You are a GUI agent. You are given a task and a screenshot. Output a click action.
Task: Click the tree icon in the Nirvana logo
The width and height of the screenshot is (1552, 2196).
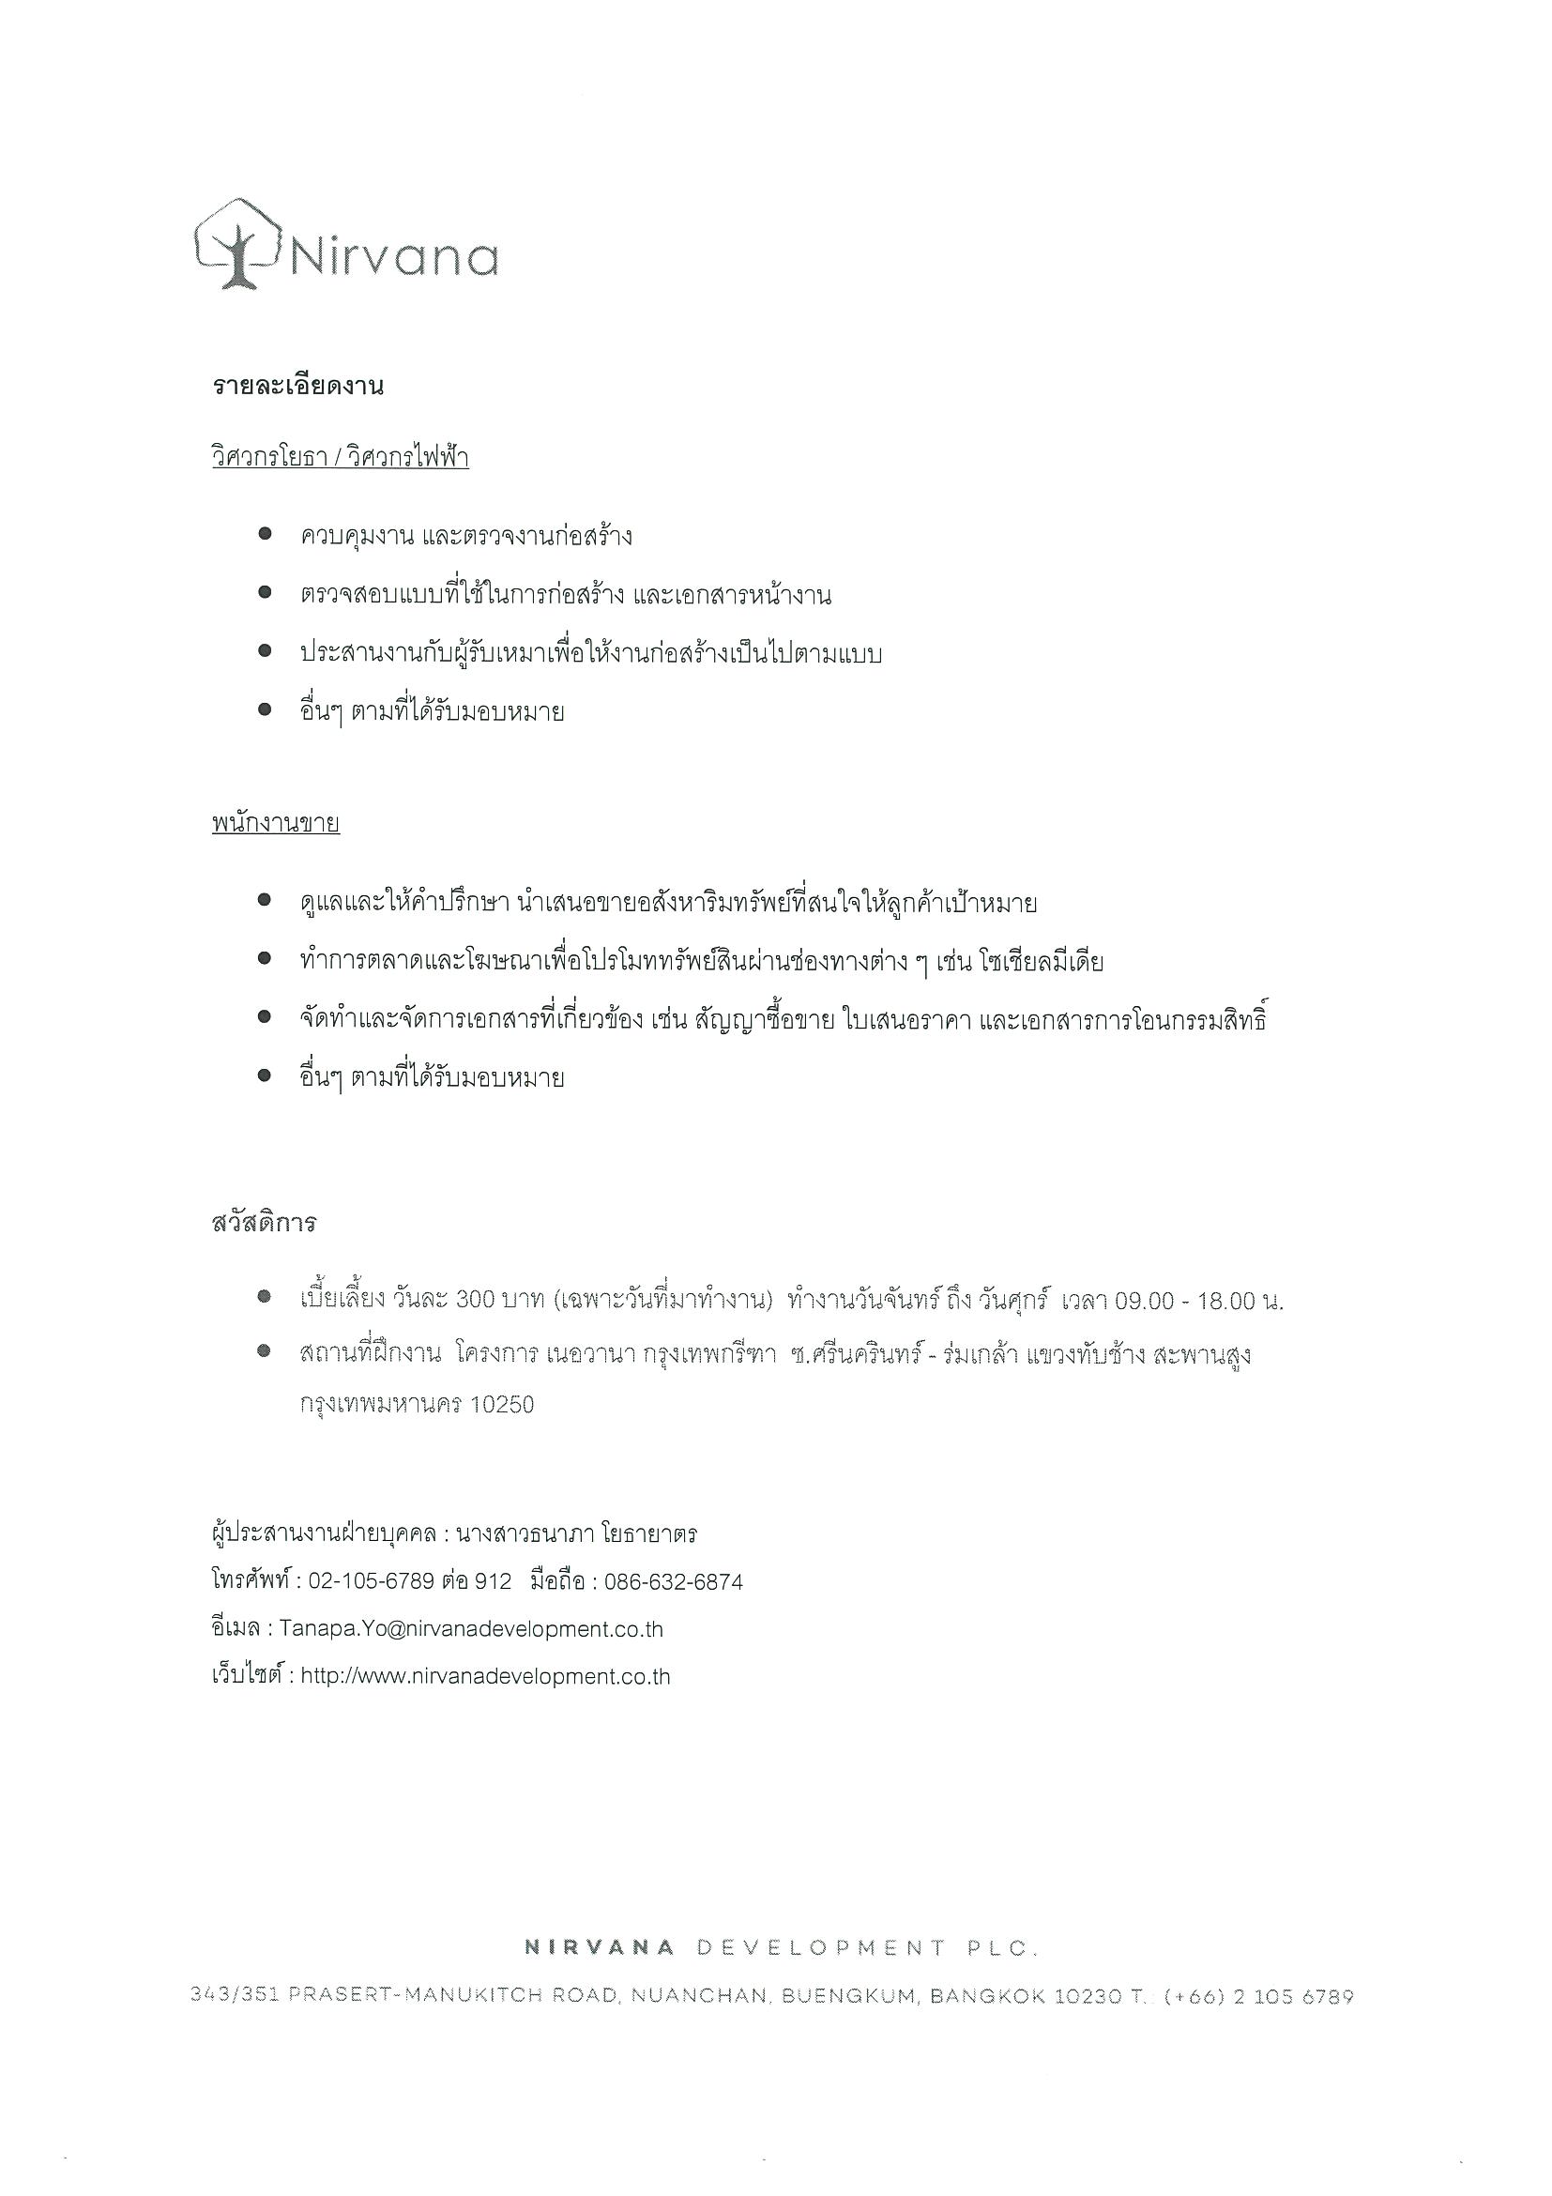coord(236,248)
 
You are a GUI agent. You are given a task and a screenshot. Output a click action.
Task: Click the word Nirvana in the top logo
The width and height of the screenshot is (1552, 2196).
coord(393,257)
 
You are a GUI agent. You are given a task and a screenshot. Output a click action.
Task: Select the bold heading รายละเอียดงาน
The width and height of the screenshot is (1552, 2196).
coord(297,388)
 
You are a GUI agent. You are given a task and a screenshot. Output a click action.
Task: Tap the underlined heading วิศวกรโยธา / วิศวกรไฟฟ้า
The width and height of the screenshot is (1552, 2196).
coord(340,458)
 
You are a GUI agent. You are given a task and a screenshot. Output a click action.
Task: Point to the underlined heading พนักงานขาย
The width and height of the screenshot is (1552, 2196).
coord(276,824)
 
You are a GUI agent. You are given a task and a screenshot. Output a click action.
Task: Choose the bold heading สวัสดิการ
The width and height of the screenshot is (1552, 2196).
coord(264,1224)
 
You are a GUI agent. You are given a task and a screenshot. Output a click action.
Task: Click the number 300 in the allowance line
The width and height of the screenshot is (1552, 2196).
coord(474,1300)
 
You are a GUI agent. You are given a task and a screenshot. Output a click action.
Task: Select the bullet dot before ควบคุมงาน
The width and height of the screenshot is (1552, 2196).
coord(266,535)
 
